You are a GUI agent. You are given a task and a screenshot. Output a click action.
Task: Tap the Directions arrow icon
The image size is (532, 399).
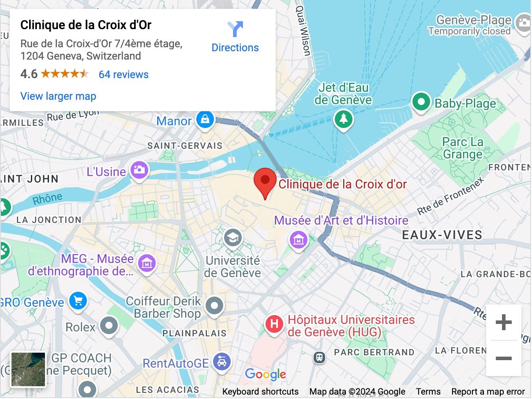click(235, 29)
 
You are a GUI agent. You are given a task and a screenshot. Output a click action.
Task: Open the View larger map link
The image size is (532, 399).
click(58, 96)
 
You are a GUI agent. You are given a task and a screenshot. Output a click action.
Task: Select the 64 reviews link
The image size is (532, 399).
click(124, 75)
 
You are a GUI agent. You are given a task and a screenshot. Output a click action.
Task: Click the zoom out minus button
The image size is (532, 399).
click(503, 358)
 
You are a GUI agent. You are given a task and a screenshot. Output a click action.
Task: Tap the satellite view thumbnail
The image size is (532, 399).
click(28, 369)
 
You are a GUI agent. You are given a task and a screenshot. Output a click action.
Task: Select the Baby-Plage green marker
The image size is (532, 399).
click(421, 102)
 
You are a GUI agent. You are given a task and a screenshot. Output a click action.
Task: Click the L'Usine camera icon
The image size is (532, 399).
click(139, 169)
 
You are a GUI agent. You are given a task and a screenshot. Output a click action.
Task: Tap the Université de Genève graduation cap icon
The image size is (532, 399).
click(232, 238)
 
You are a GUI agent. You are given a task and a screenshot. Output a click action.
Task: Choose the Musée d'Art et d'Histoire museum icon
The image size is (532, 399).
click(299, 240)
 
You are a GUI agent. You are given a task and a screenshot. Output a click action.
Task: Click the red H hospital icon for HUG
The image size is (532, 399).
click(274, 324)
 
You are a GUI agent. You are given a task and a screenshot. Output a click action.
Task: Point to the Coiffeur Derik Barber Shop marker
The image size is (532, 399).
click(215, 305)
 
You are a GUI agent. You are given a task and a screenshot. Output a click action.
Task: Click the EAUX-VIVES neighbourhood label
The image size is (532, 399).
click(442, 235)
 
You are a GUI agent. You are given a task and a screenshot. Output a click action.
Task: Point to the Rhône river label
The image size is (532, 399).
click(47, 199)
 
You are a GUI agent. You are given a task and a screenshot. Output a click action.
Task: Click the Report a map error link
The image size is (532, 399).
click(488, 391)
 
